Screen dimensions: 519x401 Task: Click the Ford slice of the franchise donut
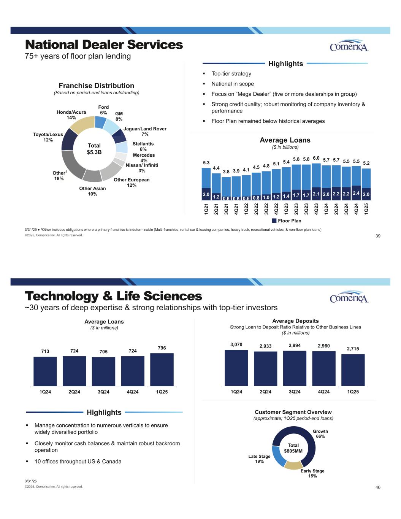point(100,122)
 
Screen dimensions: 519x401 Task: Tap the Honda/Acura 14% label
point(71,115)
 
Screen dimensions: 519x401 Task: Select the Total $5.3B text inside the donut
point(94,149)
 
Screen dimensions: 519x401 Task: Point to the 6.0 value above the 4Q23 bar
point(316,158)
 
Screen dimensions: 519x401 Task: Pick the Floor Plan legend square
point(274,221)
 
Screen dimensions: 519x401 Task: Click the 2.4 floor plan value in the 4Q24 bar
point(356,193)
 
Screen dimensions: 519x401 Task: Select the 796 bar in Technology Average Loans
point(162,370)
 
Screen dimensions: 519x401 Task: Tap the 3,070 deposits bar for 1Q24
point(236,368)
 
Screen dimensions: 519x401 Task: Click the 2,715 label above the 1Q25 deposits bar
point(353,349)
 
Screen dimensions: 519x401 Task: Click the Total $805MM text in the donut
point(293,448)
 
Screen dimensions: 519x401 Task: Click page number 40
point(378,487)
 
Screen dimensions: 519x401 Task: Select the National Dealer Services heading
point(104,44)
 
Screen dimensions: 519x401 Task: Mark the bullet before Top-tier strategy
point(204,74)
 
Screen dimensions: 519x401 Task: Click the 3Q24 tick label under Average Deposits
point(295,392)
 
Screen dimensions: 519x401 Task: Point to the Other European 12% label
point(132,183)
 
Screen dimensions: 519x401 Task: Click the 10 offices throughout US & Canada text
point(78,461)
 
